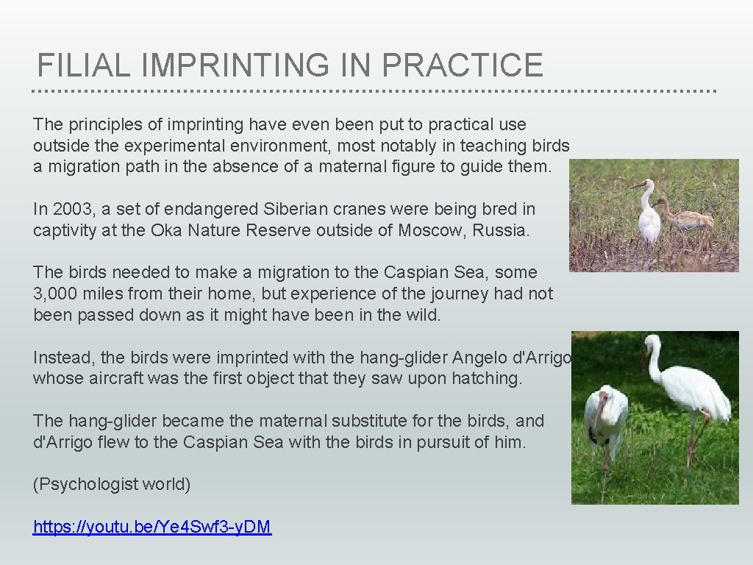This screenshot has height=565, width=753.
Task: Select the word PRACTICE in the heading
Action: coord(463,65)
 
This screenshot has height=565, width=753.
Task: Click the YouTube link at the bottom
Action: coord(152,527)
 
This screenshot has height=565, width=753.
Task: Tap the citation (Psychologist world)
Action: coord(112,484)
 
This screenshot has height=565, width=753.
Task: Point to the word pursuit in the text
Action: coord(455,442)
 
